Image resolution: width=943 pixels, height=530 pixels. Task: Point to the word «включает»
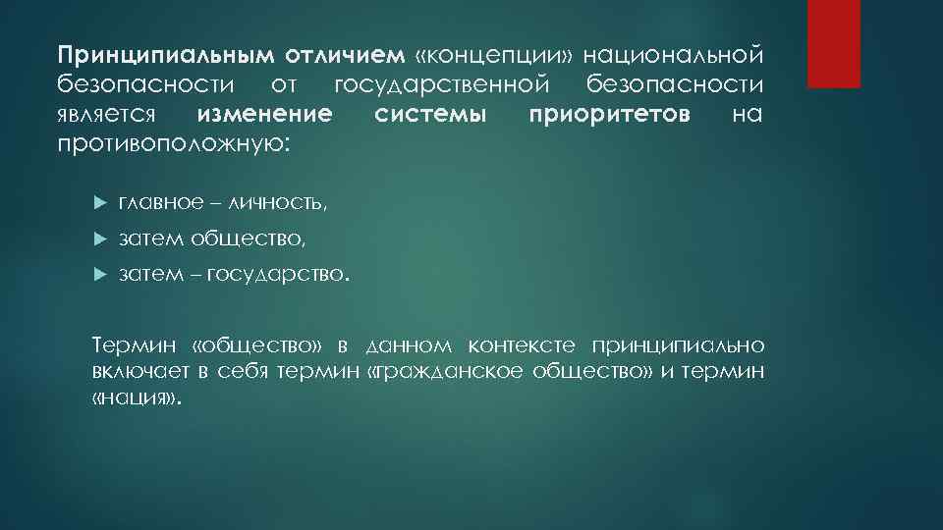tap(138, 372)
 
